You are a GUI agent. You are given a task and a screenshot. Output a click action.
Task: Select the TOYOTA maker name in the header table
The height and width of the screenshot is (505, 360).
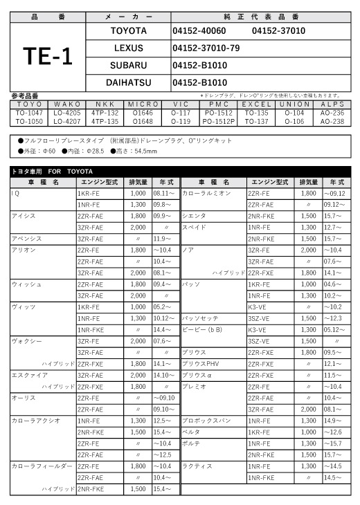pyautogui.click(x=128, y=31)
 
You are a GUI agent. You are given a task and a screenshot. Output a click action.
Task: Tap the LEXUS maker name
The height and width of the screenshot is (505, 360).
pyautogui.click(x=128, y=48)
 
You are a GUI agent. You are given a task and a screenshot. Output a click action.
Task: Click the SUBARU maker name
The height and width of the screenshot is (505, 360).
pyautogui.click(x=128, y=65)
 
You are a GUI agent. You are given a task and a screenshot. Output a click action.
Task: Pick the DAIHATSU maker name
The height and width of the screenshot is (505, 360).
pyautogui.click(x=128, y=82)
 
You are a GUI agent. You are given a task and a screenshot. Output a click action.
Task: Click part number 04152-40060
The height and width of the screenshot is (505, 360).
pyautogui.click(x=199, y=31)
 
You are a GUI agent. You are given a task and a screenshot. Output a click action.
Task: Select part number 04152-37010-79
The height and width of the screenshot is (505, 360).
pyautogui.click(x=206, y=48)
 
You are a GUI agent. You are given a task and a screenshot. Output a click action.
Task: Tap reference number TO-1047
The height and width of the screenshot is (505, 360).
pyautogui.click(x=28, y=111)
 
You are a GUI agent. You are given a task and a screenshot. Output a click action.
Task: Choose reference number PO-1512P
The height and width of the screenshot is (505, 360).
pyautogui.click(x=219, y=120)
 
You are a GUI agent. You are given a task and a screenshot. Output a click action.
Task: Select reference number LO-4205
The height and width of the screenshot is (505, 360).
pyautogui.click(x=67, y=111)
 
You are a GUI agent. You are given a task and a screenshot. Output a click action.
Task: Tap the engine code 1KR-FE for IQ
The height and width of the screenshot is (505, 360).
pyautogui.click(x=90, y=194)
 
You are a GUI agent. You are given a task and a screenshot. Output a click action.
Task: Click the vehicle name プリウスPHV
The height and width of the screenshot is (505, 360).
pyautogui.click(x=201, y=363)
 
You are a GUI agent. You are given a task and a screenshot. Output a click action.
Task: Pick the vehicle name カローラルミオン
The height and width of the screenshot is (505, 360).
pyautogui.click(x=206, y=194)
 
